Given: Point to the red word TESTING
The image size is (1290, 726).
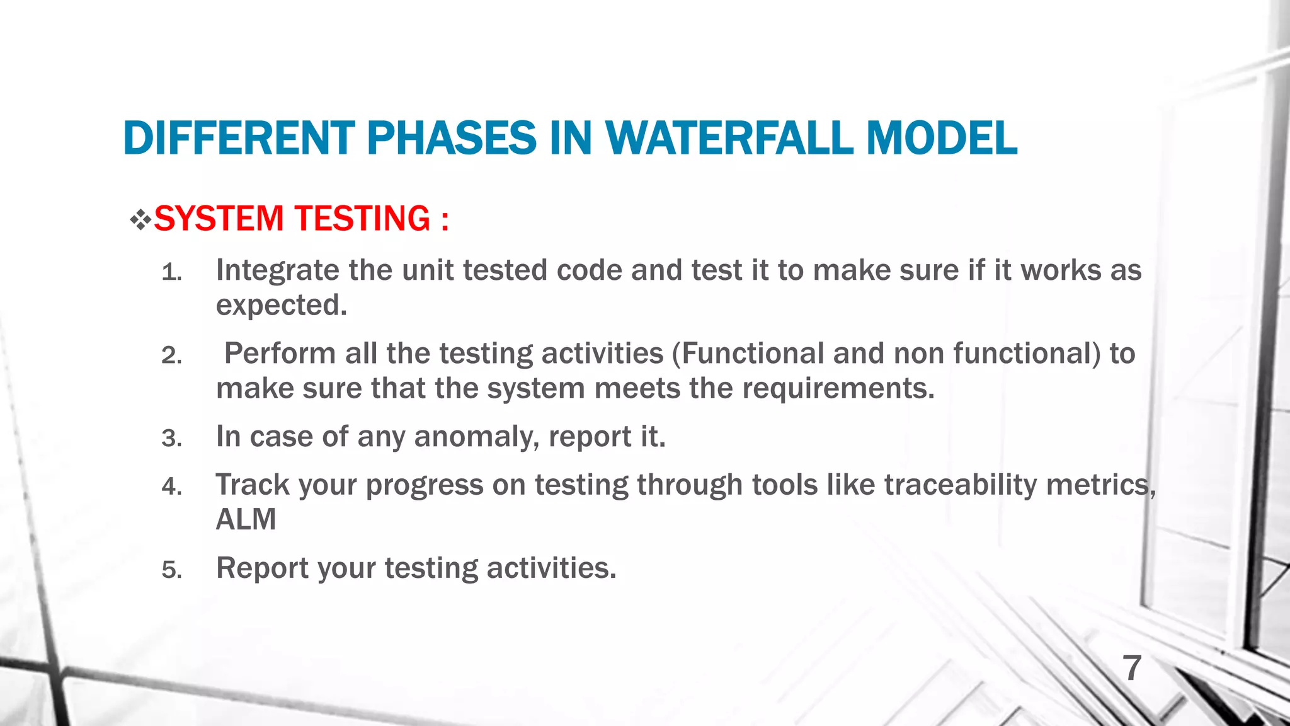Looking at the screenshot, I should coord(362,219).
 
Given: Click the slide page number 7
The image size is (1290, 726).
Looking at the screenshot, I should coord(1132,668).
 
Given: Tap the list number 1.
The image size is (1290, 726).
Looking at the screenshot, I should coord(171,274).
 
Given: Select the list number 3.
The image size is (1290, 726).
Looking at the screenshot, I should coord(171,439).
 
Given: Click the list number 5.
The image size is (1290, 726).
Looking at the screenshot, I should coord(171,570).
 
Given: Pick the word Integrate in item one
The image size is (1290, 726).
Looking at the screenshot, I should coord(277,271).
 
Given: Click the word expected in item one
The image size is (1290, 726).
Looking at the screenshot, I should coord(281,306).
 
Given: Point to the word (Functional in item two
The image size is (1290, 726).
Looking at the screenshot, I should coord(747,354).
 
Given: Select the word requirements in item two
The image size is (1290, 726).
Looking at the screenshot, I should coord(838,388).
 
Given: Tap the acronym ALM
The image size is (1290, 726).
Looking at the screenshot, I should coord(246,520).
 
